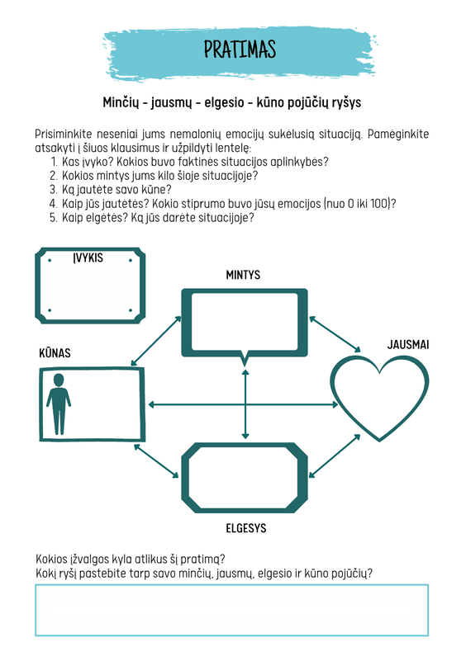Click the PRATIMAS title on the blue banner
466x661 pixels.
coord(240,50)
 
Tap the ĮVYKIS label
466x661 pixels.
coord(88,257)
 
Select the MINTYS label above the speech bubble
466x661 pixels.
coord(243,275)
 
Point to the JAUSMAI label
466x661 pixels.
coord(408,345)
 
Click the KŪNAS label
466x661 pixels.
coord(55,353)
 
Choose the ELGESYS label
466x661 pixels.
coord(246,528)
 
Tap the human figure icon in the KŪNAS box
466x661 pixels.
coord(59,404)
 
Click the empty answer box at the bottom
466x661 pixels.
coord(231,610)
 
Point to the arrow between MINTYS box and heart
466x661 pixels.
coord(335,334)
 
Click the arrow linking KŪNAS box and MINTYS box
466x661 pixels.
coord(156,341)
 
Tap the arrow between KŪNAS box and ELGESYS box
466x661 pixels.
coord(156,460)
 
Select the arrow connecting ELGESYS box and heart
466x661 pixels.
coord(335,456)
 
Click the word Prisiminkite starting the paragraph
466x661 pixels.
coord(64,135)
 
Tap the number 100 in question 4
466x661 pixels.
coord(379,204)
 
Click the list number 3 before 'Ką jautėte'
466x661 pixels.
coord(53,190)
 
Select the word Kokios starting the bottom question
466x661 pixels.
coord(51,559)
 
